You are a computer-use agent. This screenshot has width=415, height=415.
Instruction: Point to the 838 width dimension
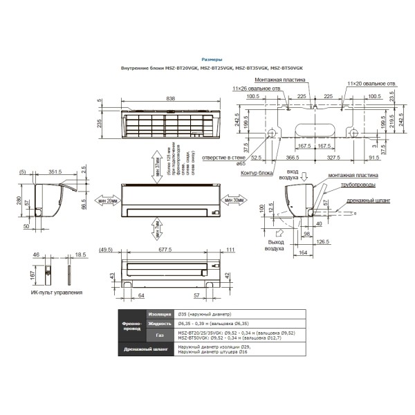click(x=170, y=99)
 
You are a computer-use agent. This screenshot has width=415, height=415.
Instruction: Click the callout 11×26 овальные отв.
click(x=257, y=89)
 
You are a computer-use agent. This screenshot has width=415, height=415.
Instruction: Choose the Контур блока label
click(x=254, y=172)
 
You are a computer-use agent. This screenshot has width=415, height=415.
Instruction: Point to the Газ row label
click(x=159, y=335)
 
